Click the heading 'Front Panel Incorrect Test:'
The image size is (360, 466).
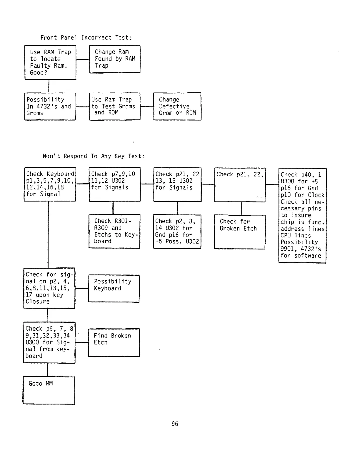pyautogui.click(x=86, y=38)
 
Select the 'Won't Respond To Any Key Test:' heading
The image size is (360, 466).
pyautogui.click(x=94, y=156)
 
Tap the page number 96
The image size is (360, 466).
pyautogui.click(x=175, y=424)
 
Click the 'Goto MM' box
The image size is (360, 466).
pyautogui.click(x=49, y=390)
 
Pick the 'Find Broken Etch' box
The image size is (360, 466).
pyautogui.click(x=114, y=342)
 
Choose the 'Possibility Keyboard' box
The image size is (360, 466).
pyautogui.click(x=114, y=288)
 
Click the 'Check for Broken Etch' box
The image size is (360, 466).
pyautogui.click(x=240, y=232)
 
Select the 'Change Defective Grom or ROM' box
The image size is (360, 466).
pyautogui.click(x=177, y=106)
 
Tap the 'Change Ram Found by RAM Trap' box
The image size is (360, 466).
pyautogui.click(x=115, y=59)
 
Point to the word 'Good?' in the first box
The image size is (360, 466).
pyautogui.click(x=39, y=73)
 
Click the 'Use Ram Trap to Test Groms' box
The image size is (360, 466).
pyautogui.click(x=115, y=106)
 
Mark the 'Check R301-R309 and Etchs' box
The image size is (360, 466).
pyautogui.click(x=114, y=231)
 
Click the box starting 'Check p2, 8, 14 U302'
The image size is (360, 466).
pyautogui.click(x=177, y=232)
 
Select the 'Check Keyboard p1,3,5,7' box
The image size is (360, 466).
pyautogui.click(x=50, y=184)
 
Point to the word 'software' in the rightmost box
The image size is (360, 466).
pyautogui.click(x=308, y=256)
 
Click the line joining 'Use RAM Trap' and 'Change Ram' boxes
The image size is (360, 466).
pyautogui.click(x=83, y=59)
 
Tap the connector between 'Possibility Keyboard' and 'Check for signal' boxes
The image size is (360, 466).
pyautogui.click(x=82, y=288)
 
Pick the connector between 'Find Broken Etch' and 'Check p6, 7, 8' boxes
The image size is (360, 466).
pyautogui.click(x=82, y=342)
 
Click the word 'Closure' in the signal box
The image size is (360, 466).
pyautogui.click(x=38, y=302)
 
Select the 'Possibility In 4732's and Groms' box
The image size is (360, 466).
pyautogui.click(x=50, y=106)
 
